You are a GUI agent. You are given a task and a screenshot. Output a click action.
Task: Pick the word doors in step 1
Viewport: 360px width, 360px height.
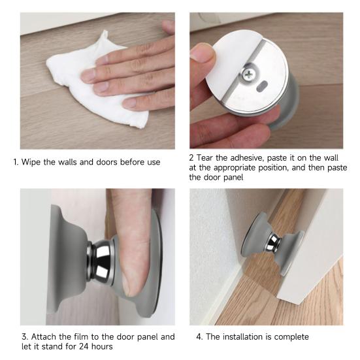(106, 161)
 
